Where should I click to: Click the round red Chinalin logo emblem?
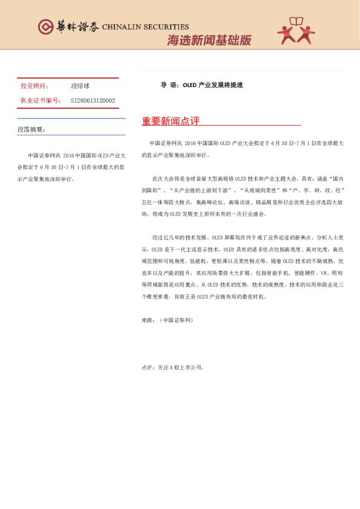(x=45, y=27)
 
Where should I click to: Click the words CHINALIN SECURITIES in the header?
(x=145, y=27)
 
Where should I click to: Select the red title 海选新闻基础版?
(x=209, y=41)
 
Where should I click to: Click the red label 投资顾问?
(x=34, y=86)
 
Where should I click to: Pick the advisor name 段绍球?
(x=80, y=86)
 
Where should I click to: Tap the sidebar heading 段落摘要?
(x=31, y=129)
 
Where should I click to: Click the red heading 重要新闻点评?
(x=171, y=121)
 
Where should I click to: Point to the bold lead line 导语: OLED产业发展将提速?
(x=201, y=85)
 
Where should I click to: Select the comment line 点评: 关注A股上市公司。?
(x=172, y=367)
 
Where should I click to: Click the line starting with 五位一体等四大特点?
(x=242, y=203)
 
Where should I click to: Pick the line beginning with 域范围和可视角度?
(x=242, y=262)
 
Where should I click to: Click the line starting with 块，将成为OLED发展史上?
(x=200, y=214)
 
